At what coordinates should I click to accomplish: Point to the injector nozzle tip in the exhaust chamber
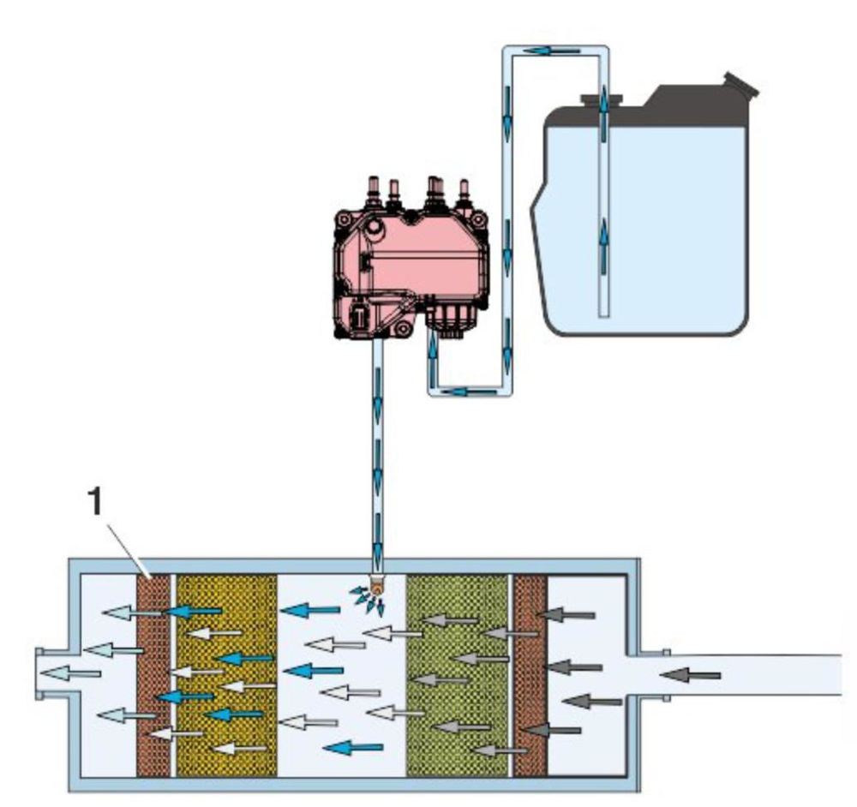click(x=375, y=589)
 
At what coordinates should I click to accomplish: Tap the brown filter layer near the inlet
click(x=530, y=677)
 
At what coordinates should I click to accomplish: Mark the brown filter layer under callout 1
click(x=154, y=677)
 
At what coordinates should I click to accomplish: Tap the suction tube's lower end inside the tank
click(x=604, y=310)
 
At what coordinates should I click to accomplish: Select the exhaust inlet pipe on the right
click(x=754, y=676)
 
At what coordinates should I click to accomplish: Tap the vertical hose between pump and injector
click(x=376, y=445)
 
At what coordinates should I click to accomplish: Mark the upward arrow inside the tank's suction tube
click(x=604, y=231)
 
